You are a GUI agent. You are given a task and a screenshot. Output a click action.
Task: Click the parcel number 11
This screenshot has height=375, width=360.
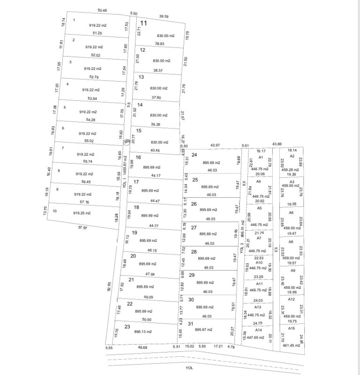tap(143, 22)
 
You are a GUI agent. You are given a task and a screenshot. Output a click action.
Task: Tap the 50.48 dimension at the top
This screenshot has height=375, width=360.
tap(102, 10)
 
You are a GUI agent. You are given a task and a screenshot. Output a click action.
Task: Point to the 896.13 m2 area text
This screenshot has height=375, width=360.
tap(142, 331)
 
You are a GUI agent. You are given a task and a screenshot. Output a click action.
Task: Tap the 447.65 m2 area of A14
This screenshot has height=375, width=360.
tap(258, 337)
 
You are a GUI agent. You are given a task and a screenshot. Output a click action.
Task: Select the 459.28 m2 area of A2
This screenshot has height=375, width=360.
tap(290, 170)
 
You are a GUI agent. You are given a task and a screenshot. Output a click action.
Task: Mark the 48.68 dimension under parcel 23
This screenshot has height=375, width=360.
tap(142, 347)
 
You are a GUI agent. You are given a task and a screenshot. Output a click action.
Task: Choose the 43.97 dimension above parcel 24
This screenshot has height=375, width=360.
tap(215, 145)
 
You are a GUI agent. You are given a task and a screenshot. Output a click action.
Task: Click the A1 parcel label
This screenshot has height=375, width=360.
tap(261, 157)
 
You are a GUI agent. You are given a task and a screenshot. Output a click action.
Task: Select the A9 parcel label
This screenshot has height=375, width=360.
tap(293, 270)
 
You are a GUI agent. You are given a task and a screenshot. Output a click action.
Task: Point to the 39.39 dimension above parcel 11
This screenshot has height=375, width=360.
tap(164, 16)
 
